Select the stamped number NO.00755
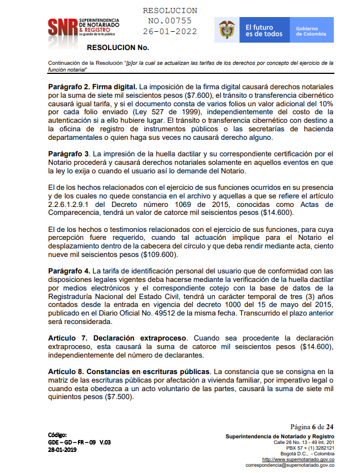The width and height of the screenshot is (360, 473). [170, 21]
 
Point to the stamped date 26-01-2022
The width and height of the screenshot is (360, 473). [170, 31]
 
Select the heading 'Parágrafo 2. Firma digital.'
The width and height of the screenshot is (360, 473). [93, 86]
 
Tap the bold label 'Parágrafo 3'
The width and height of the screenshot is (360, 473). [69, 153]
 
